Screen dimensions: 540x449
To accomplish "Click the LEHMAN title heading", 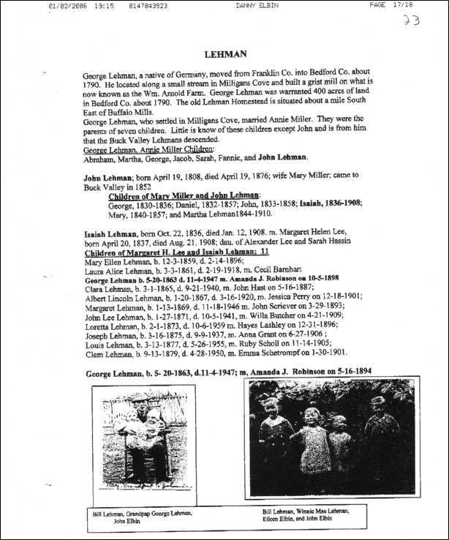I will point(225,53).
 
